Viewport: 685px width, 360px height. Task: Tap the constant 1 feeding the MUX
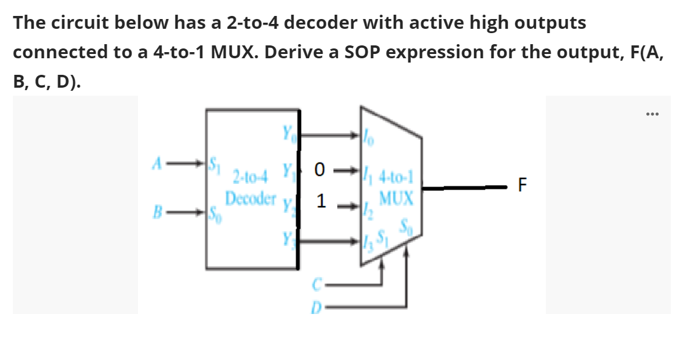click(320, 201)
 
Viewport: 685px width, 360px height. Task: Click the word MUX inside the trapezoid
click(396, 199)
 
